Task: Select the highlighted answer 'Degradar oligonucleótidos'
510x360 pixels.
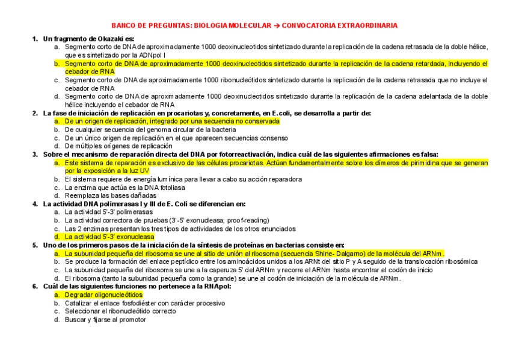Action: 103,295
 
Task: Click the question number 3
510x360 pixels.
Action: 35,154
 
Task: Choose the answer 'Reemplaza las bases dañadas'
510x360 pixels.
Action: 110,195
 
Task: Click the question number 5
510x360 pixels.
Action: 35,245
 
